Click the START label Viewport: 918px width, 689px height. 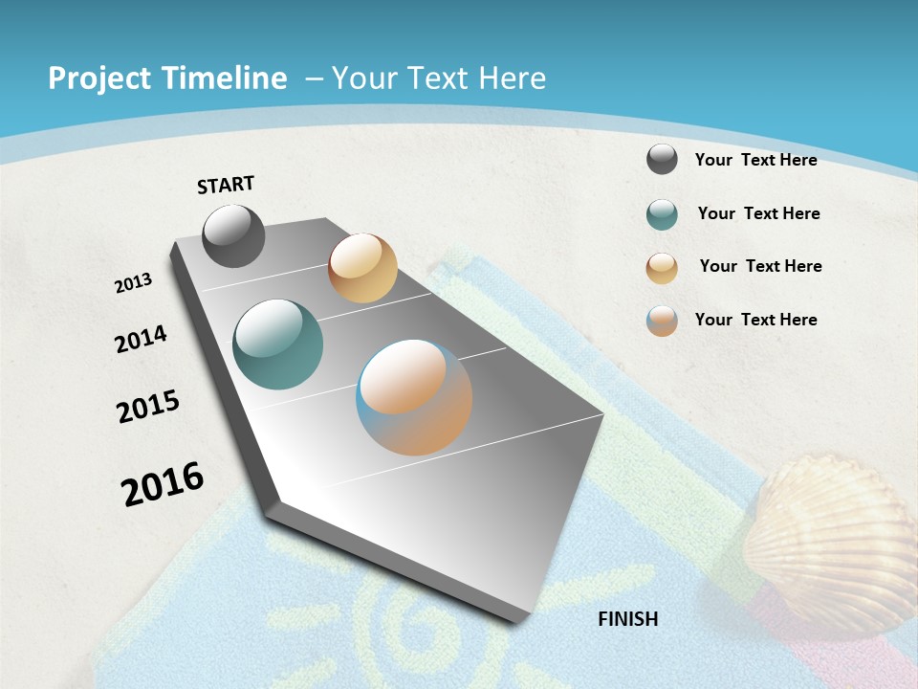pyautogui.click(x=226, y=185)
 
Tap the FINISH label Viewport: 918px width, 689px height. pyautogui.click(x=627, y=619)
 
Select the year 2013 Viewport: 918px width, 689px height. pyautogui.click(x=133, y=283)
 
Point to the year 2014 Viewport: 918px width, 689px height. pyautogui.click(x=141, y=340)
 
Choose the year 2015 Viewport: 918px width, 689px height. pyautogui.click(x=148, y=407)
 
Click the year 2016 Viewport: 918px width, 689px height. pyautogui.click(x=163, y=484)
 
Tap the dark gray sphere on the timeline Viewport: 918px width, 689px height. pyautogui.click(x=233, y=235)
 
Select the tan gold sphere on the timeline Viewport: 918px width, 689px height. pyautogui.click(x=362, y=268)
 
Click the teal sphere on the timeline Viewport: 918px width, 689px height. pyautogui.click(x=277, y=344)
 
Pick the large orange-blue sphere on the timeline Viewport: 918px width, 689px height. pyautogui.click(x=414, y=397)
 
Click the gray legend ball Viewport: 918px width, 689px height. pyautogui.click(x=662, y=159)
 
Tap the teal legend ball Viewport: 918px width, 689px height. pyautogui.click(x=662, y=214)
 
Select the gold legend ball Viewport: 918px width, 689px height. pyautogui.click(x=662, y=268)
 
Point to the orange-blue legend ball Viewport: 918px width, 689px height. pyautogui.click(x=662, y=321)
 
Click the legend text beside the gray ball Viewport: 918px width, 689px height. pyautogui.click(x=755, y=160)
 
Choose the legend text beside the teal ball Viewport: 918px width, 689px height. pyautogui.click(x=758, y=213)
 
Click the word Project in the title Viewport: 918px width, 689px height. pyautogui.click(x=100, y=78)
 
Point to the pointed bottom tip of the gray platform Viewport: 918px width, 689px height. pyautogui.click(x=517, y=620)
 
